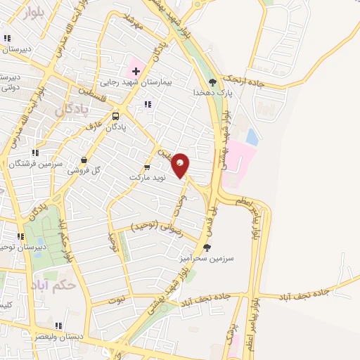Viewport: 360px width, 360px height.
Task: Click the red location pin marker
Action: tap(181, 165)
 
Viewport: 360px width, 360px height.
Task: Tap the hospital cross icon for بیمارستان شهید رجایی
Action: tap(136, 71)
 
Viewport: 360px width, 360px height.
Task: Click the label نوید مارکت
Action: tap(147, 177)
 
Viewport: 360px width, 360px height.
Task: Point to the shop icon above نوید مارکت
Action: tap(147, 167)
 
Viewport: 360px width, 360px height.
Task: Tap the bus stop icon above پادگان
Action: tap(115, 117)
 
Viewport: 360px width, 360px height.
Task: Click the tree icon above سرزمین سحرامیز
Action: tap(206, 247)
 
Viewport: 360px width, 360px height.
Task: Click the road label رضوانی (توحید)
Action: tap(157, 226)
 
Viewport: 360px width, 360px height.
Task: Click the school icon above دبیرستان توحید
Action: tap(20, 236)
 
